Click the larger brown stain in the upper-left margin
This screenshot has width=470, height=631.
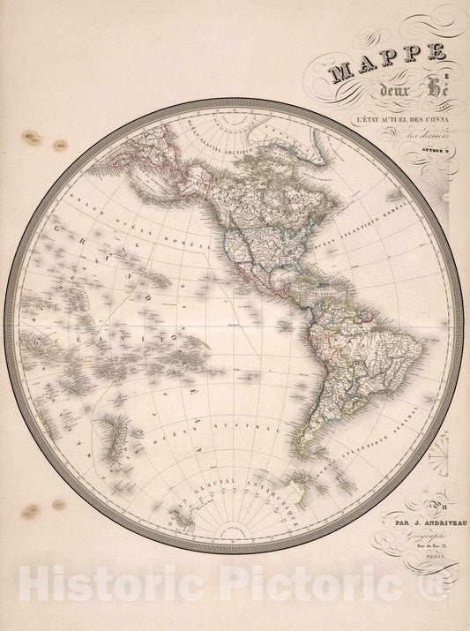point(34,138)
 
